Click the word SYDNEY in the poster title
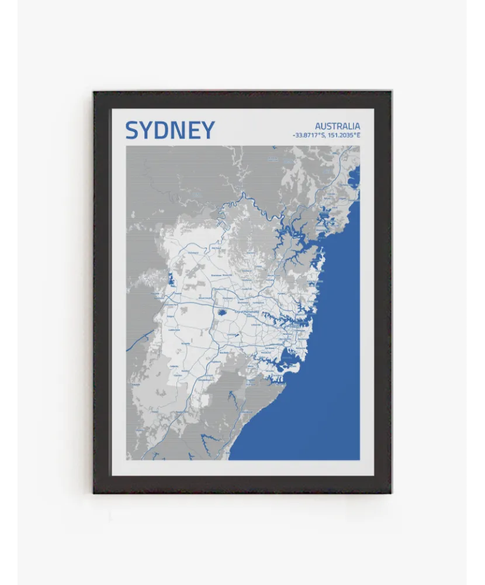(x=170, y=130)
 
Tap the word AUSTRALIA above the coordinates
(x=337, y=126)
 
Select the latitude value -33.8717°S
(x=310, y=135)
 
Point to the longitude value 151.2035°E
(x=344, y=135)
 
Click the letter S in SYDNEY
(x=133, y=130)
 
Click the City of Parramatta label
(x=246, y=312)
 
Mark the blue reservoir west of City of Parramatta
(x=223, y=312)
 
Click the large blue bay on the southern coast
(x=287, y=360)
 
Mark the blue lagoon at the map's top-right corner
(x=354, y=177)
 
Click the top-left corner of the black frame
(x=94, y=92)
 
